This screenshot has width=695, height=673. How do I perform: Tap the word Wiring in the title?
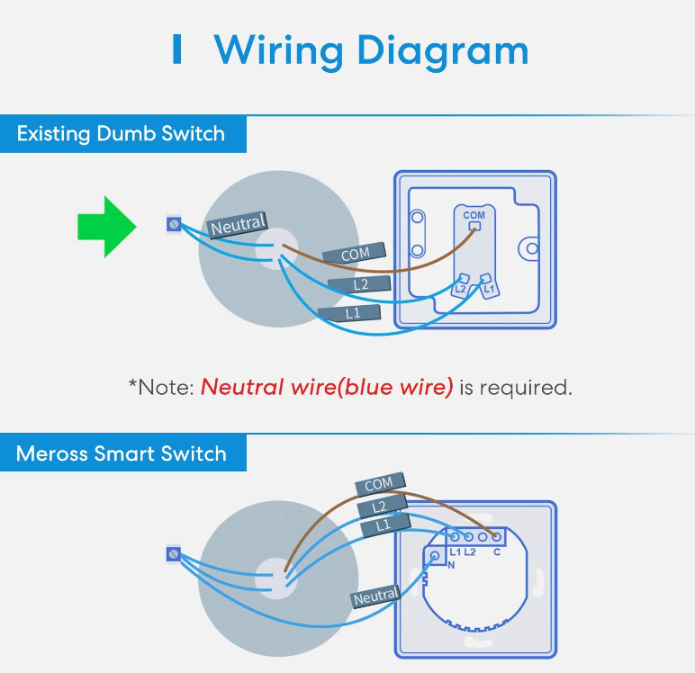279,51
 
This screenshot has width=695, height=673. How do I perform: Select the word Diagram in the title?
443,51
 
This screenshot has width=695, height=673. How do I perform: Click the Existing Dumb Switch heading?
121,134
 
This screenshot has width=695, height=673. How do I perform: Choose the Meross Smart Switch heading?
121,453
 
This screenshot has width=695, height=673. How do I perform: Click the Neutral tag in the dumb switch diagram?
238,225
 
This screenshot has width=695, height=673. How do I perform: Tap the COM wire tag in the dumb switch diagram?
355,254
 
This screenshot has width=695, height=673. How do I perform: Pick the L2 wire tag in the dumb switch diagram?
359,284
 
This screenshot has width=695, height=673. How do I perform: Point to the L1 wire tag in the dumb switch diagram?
349,313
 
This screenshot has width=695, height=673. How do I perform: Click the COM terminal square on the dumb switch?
474,227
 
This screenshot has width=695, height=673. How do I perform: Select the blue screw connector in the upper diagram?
174,224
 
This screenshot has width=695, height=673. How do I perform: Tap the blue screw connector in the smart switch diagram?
174,554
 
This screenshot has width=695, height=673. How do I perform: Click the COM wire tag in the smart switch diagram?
380,483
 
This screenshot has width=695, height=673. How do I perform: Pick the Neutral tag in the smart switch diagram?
376,597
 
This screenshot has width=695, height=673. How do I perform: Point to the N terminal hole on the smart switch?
435,556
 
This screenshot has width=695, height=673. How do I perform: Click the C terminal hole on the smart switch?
496,537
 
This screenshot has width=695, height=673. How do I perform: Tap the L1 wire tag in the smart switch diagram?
384,525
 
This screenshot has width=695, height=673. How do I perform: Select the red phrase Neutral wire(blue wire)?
327,387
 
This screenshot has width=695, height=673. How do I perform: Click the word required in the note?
526,388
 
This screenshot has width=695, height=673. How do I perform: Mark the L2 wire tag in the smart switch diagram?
382,506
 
